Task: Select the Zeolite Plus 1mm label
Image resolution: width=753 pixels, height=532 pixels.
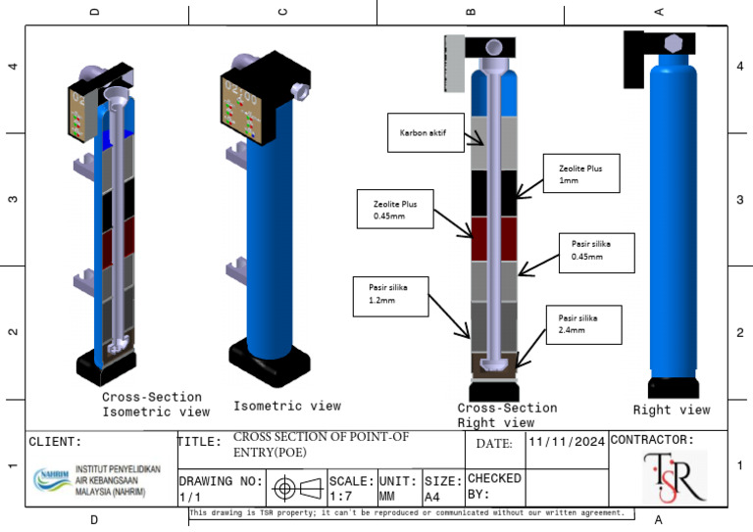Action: pyautogui.click(x=580, y=173)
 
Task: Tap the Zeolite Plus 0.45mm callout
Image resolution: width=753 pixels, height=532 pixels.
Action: pyautogui.click(x=392, y=209)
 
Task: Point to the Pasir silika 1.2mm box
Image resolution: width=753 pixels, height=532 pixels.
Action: pyautogui.click(x=391, y=295)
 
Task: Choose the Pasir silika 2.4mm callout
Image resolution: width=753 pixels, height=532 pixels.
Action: pyautogui.click(x=584, y=324)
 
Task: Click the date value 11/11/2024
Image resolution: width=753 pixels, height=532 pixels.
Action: pyautogui.click(x=567, y=444)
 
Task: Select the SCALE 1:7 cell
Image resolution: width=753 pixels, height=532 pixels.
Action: pyautogui.click(x=350, y=488)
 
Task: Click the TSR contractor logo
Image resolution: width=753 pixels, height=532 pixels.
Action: pyautogui.click(x=675, y=477)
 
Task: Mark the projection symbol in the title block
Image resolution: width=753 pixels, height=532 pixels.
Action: pyautogui.click(x=298, y=488)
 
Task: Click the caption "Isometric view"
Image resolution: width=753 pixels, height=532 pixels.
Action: pyautogui.click(x=286, y=406)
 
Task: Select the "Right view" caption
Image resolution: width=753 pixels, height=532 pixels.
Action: pyautogui.click(x=671, y=410)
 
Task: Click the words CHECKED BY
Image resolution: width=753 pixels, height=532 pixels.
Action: pyautogui.click(x=495, y=486)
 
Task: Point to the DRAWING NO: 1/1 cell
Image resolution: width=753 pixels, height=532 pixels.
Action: pyautogui.click(x=221, y=488)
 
